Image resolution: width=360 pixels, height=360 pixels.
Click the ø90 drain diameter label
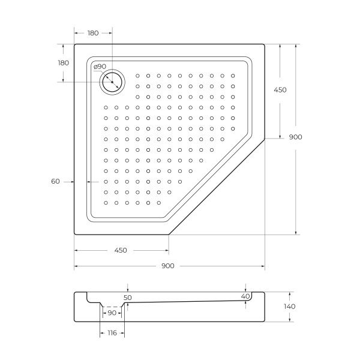click(x=100, y=67)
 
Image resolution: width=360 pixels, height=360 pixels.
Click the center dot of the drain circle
click(x=112, y=82)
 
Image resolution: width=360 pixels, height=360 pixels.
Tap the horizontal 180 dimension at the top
click(x=93, y=33)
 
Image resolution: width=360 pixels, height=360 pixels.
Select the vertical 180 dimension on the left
click(x=64, y=62)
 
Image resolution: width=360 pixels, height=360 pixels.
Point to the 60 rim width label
click(x=55, y=181)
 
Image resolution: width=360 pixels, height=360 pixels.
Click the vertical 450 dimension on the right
click(x=280, y=90)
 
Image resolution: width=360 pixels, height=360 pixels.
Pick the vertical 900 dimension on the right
click(x=295, y=137)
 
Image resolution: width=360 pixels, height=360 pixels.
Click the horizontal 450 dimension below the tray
click(x=121, y=250)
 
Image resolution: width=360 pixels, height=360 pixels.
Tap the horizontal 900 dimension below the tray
click(x=168, y=266)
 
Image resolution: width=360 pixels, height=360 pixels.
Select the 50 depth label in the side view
click(x=127, y=298)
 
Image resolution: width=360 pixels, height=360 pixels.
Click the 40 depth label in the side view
click(x=245, y=296)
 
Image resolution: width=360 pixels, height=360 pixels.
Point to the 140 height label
click(x=290, y=307)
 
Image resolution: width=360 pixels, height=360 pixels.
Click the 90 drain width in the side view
click(x=112, y=313)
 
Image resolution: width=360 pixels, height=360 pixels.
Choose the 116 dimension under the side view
click(x=112, y=333)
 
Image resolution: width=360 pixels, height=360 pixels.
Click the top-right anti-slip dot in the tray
click(x=233, y=76)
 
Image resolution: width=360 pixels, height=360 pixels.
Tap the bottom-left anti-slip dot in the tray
click(x=106, y=203)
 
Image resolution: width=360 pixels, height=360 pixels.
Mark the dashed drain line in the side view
click(x=112, y=307)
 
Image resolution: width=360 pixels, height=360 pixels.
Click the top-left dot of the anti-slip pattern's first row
click(x=137, y=76)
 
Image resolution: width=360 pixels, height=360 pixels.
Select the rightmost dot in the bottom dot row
click(x=159, y=203)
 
